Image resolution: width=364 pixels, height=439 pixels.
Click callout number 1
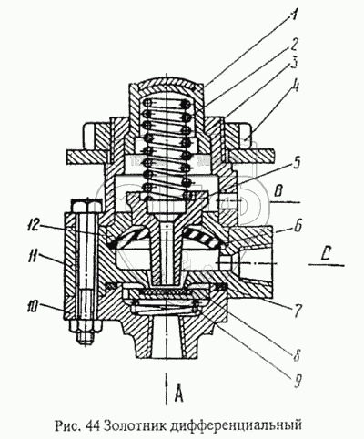coord(292,11)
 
